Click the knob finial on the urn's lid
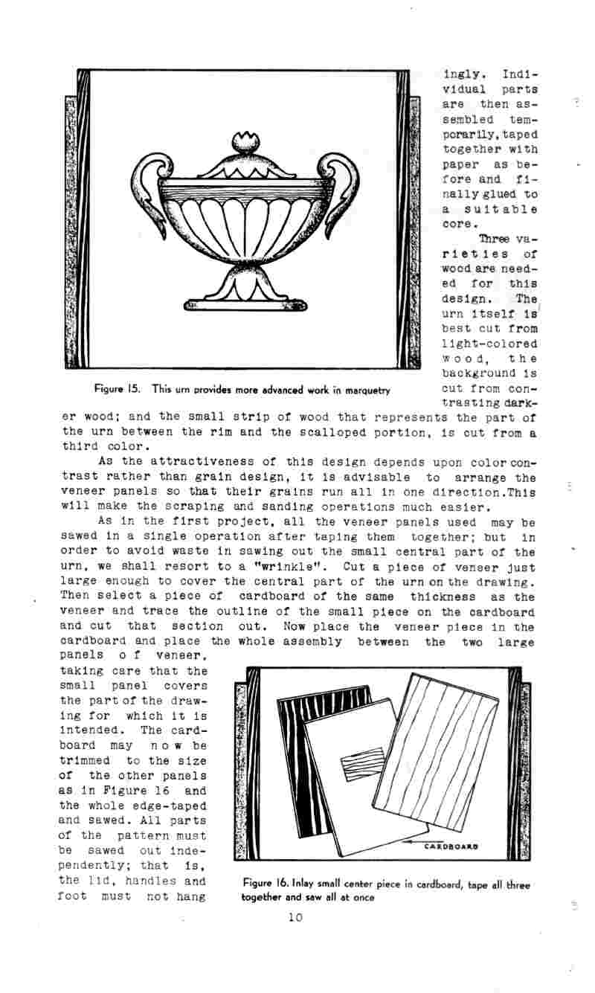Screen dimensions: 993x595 coord(244,141)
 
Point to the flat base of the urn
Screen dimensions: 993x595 coord(245,303)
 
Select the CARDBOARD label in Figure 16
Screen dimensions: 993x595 coord(451,846)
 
